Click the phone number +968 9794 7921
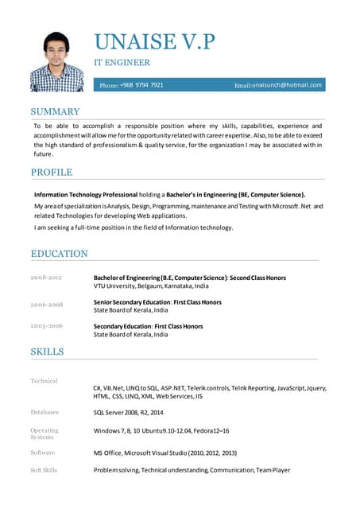point(143,84)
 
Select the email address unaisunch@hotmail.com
point(287,84)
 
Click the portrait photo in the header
point(57,61)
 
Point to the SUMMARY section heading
point(55,111)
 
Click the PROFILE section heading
point(52,172)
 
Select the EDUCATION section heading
point(59,254)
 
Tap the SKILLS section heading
point(47,351)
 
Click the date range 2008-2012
point(46,277)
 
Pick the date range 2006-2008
point(46,305)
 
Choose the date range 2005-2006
point(46,326)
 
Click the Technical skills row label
point(44,381)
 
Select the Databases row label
point(45,412)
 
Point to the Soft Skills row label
point(44,470)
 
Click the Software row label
point(43,453)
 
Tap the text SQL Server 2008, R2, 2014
point(128,413)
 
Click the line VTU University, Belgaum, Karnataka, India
point(151,286)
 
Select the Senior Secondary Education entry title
point(157,302)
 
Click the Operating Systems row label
point(44,433)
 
